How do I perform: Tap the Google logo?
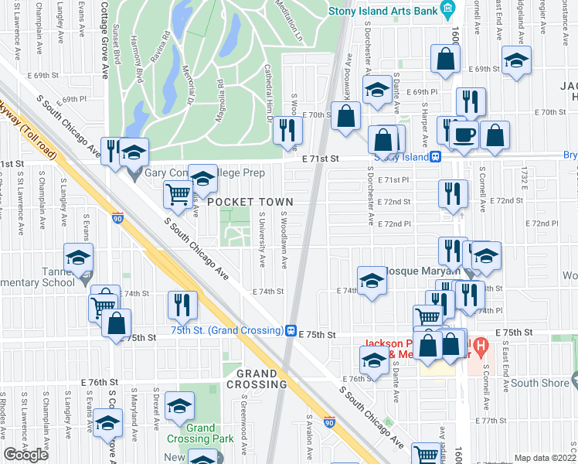25,454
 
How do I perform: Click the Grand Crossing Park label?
200,433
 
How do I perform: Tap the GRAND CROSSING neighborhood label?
257,379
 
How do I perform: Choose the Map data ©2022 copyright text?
545,458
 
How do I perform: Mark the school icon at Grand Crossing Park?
179,404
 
